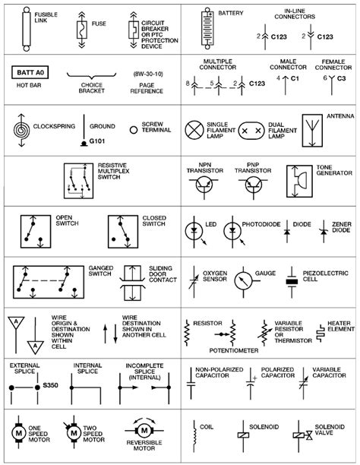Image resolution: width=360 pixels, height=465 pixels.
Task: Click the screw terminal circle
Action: pos(134,130)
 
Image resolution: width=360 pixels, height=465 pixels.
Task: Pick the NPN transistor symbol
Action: pos(202,190)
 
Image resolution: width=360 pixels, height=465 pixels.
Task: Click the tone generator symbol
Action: pos(297,185)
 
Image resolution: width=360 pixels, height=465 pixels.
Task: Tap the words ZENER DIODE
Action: pos(342,229)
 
